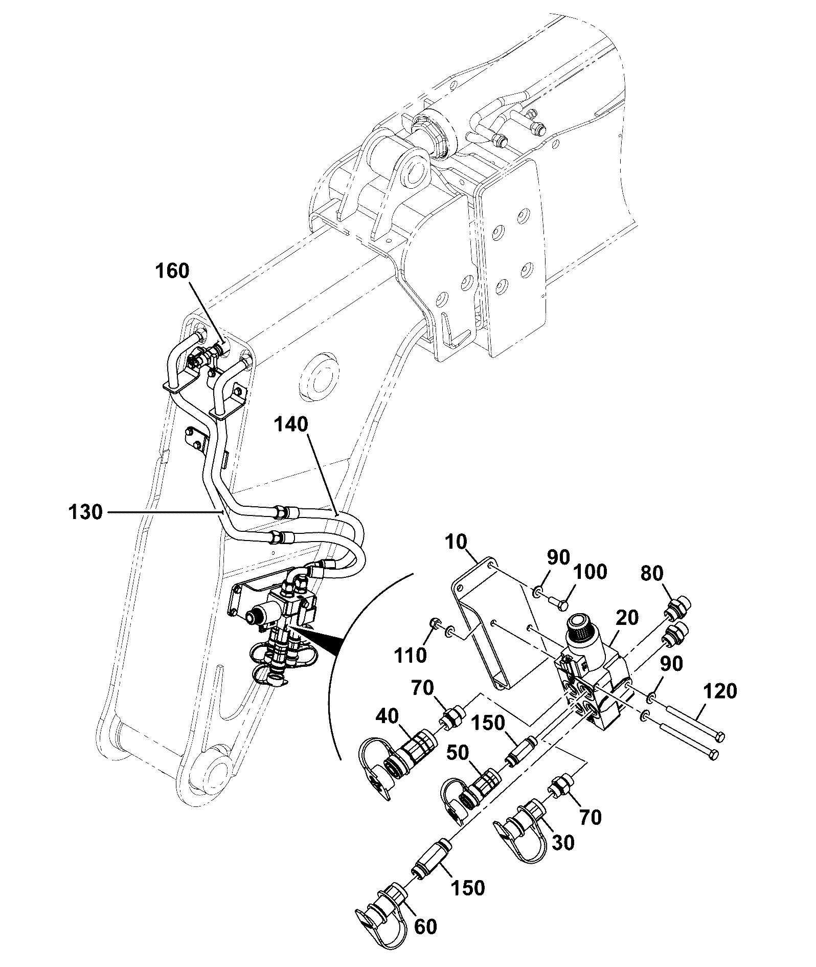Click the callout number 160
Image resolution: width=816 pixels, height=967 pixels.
(172, 271)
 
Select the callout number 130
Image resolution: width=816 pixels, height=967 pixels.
(86, 512)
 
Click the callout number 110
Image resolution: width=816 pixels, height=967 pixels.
(412, 655)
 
